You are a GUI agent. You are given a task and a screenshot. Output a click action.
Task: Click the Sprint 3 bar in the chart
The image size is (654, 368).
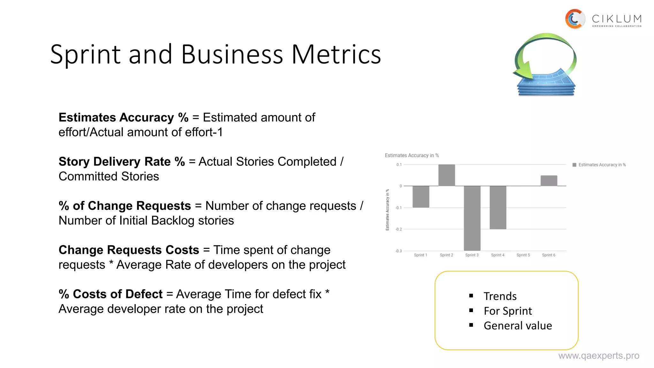472,218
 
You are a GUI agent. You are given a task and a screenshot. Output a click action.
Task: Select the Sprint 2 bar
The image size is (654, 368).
446,175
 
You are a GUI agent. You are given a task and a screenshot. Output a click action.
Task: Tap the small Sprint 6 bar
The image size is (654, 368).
549,181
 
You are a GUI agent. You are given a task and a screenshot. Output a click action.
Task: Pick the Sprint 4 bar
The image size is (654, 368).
498,207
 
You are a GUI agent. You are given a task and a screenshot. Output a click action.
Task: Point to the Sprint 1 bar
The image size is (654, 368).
421,197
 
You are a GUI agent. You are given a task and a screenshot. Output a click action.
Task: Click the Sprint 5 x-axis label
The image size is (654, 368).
523,255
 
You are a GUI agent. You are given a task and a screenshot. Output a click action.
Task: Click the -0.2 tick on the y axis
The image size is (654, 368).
399,229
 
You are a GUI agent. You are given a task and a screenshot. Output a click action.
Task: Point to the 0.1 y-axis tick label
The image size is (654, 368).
399,165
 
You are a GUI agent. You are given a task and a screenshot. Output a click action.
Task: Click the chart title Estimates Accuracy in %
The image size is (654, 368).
412,156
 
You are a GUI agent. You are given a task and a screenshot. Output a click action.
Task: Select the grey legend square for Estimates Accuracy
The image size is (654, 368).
574,165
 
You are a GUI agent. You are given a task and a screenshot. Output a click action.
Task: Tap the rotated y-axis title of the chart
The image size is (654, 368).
387,210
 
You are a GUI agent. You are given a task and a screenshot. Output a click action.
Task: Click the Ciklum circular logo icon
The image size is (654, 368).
574,19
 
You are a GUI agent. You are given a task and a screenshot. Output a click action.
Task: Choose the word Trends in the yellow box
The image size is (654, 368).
500,296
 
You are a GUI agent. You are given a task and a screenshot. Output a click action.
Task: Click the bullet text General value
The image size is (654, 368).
518,326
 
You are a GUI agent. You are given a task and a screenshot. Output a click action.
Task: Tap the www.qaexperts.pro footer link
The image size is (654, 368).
598,356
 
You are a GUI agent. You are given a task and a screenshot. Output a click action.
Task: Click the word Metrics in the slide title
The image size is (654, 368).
336,54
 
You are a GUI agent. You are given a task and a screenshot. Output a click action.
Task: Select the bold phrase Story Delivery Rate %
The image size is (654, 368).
122,162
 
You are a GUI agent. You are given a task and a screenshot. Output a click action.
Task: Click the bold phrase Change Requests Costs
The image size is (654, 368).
129,250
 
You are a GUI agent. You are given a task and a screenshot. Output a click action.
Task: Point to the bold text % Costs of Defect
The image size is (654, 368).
110,294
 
